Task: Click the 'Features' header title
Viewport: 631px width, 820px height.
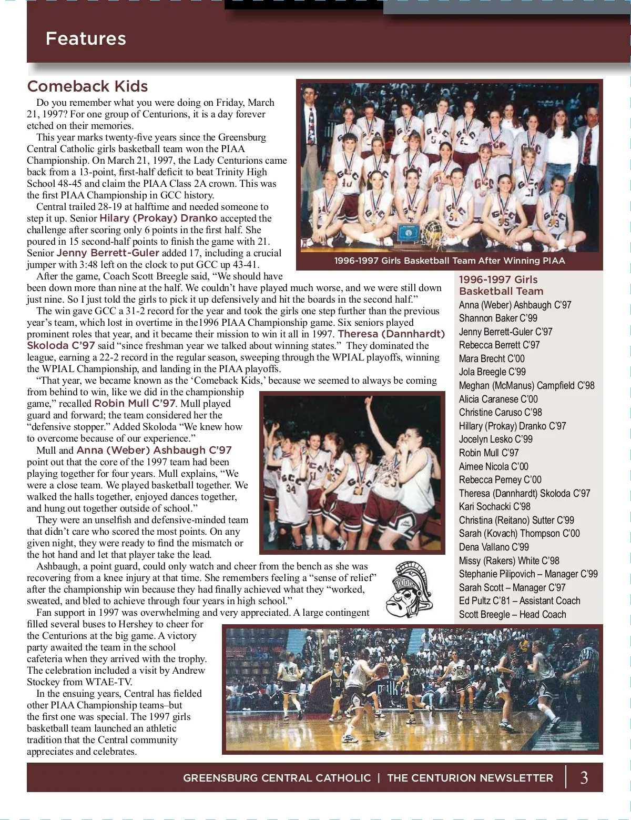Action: click(x=86, y=38)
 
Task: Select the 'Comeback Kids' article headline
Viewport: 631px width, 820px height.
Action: click(x=87, y=86)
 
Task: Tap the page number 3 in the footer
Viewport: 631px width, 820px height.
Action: click(x=584, y=777)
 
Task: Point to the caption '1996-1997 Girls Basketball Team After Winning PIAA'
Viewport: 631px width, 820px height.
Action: click(x=450, y=261)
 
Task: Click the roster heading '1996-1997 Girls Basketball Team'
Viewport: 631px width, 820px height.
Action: click(x=501, y=285)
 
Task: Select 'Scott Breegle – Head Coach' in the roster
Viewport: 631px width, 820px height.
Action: click(x=512, y=614)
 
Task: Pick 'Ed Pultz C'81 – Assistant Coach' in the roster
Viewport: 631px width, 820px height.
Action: click(x=519, y=601)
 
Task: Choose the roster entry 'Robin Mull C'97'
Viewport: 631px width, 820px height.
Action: click(x=488, y=453)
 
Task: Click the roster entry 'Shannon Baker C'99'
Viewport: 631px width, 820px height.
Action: click(x=498, y=318)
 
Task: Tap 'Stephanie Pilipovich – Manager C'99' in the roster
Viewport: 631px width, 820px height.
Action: click(x=528, y=574)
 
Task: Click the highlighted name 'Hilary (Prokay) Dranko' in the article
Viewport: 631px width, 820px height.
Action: click(x=158, y=218)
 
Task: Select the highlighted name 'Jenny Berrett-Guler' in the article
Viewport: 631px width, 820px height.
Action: click(x=108, y=253)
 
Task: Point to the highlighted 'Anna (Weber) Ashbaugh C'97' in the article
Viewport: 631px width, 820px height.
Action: click(x=154, y=450)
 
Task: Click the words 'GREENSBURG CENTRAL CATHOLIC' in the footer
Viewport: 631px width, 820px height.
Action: click(x=277, y=778)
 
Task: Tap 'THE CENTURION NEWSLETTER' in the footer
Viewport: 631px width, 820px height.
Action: click(x=470, y=778)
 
